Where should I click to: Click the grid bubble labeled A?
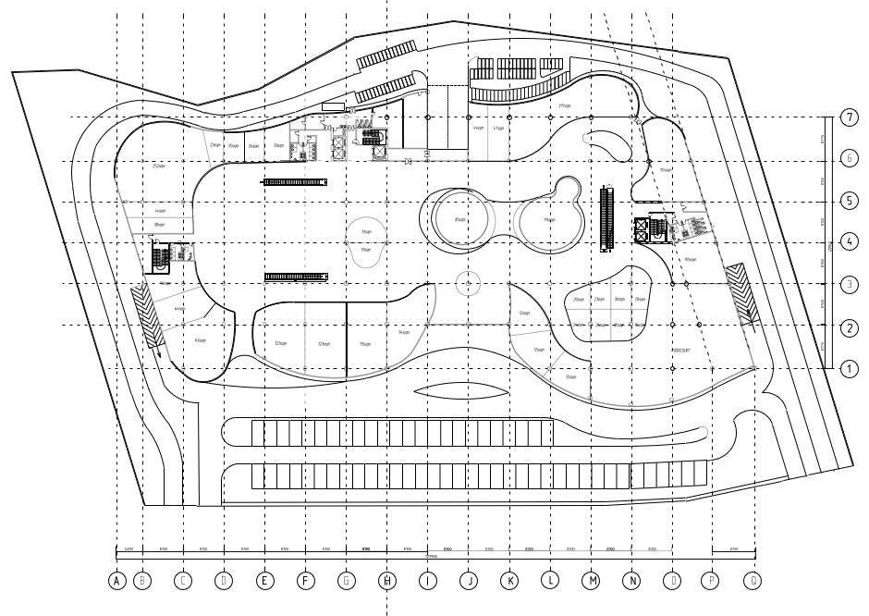pyautogui.click(x=116, y=581)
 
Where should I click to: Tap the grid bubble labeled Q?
pyautogui.click(x=755, y=581)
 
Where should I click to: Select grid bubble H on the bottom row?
pyautogui.click(x=387, y=581)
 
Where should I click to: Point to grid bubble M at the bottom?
pyautogui.click(x=592, y=581)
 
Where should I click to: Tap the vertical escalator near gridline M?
pyautogui.click(x=606, y=218)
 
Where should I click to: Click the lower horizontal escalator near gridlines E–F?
pyautogui.click(x=296, y=277)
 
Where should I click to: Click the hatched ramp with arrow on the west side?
pyautogui.click(x=147, y=314)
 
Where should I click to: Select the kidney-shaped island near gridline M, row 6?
pyautogui.click(x=611, y=144)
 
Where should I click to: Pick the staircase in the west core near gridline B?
pyautogui.click(x=158, y=260)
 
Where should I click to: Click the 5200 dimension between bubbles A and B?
pyautogui.click(x=129, y=549)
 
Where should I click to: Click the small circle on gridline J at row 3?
pyautogui.click(x=470, y=282)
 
